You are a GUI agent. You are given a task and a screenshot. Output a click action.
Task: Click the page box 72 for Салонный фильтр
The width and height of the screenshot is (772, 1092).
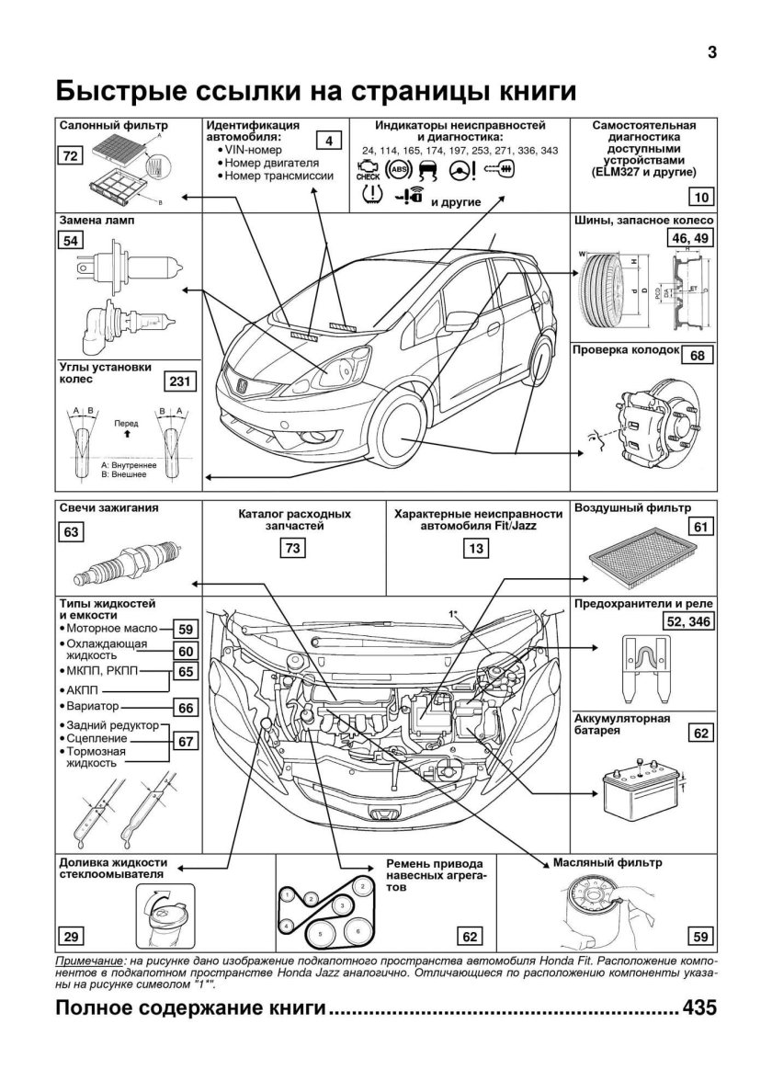point(69,157)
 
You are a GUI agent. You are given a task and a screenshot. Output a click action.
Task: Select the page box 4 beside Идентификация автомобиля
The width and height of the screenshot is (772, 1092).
point(328,141)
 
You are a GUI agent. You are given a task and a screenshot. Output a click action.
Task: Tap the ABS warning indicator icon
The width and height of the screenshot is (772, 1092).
point(398,170)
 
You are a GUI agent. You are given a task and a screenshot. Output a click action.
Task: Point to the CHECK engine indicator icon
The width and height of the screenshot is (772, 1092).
point(368,170)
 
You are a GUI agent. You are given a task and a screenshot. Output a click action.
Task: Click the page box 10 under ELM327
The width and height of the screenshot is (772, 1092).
point(700,195)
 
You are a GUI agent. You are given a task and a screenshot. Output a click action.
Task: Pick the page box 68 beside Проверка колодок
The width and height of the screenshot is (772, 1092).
point(698,356)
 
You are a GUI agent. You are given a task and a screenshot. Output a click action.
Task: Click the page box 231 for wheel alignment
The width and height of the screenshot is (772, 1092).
point(180,382)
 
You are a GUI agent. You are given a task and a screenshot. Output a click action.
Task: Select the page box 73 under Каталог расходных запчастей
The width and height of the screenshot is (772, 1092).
point(293,549)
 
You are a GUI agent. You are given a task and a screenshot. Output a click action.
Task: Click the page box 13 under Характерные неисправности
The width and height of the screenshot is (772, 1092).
point(475,549)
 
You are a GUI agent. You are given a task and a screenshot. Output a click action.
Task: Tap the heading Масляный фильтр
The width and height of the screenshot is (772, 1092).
point(607,864)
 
